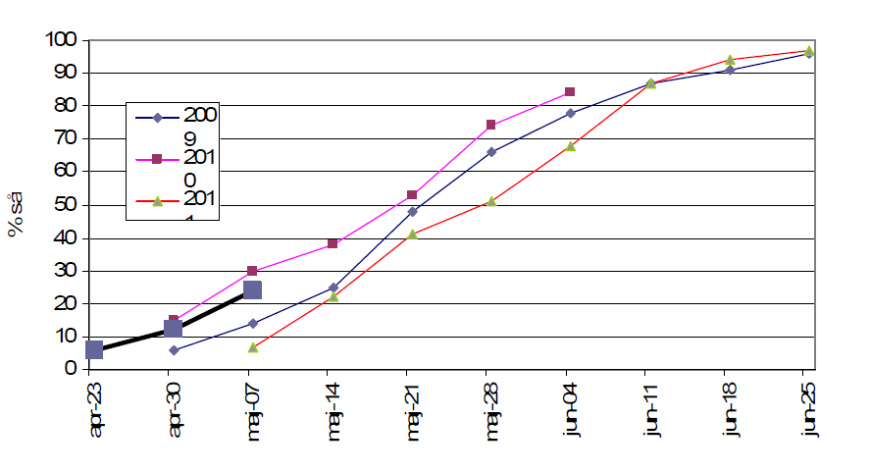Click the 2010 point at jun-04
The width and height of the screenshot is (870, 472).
569,92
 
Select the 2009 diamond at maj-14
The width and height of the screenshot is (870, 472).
333,288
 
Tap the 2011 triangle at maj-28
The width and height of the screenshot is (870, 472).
491,201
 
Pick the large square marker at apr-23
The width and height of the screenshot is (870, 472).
94,349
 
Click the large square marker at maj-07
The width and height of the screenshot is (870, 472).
252,289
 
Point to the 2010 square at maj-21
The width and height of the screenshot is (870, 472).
412,195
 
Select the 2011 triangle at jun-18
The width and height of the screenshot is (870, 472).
730,60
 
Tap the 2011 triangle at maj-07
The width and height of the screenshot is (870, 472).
253,347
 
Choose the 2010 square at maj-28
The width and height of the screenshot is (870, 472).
491,126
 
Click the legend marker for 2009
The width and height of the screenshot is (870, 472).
157,118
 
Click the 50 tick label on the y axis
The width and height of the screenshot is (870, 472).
68,205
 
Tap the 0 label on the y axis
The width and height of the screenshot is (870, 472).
73,369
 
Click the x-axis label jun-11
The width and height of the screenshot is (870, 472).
648,409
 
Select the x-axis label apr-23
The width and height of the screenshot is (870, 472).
94,409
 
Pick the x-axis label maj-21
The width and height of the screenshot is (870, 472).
412,410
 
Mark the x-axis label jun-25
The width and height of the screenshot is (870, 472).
807,409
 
